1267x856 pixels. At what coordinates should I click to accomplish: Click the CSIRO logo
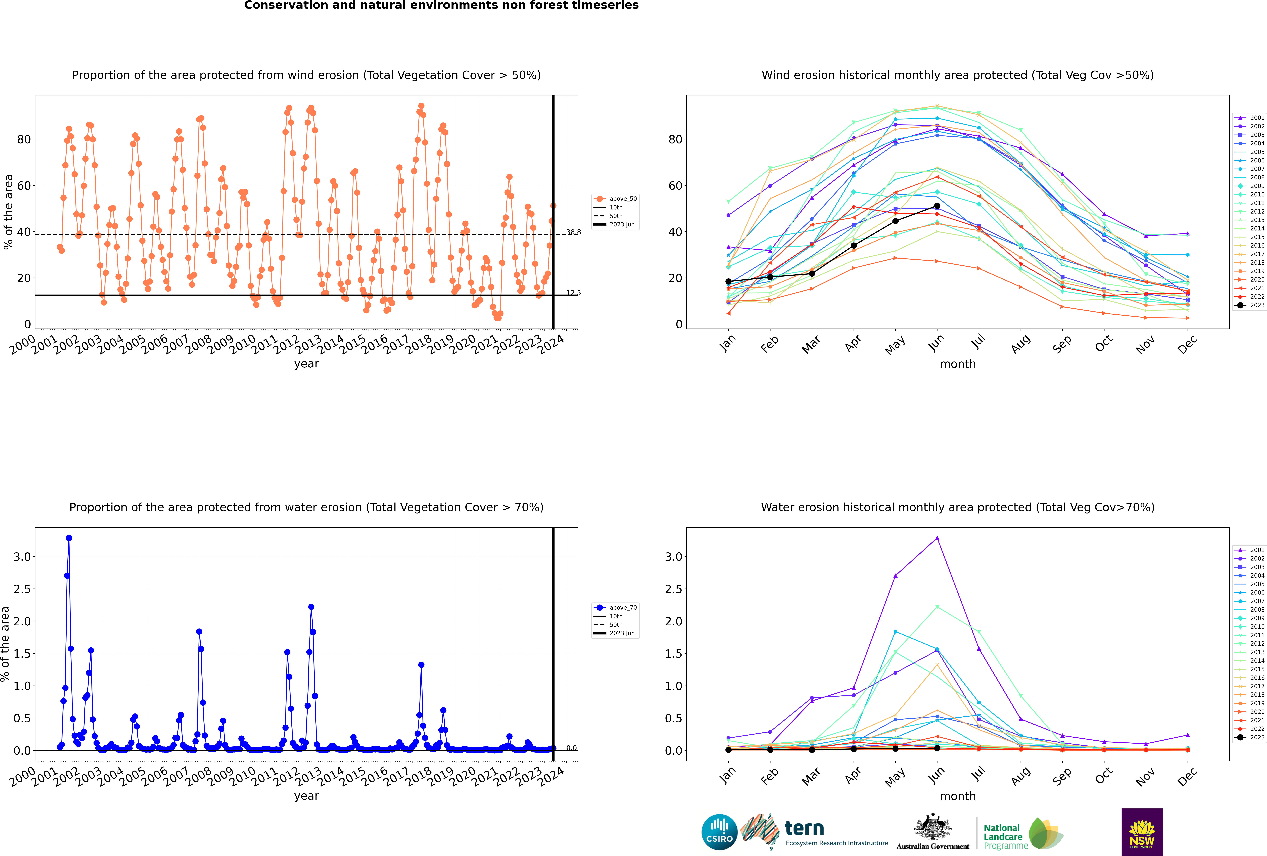coord(719,832)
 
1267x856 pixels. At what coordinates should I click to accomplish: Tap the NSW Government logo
coord(1142,832)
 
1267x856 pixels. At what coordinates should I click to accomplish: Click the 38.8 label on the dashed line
coord(574,232)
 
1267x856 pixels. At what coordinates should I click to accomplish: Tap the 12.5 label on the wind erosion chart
coord(574,293)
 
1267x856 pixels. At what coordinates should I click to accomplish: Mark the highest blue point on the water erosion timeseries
coord(69,538)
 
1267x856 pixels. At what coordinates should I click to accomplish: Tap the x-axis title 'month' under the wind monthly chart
coord(958,364)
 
